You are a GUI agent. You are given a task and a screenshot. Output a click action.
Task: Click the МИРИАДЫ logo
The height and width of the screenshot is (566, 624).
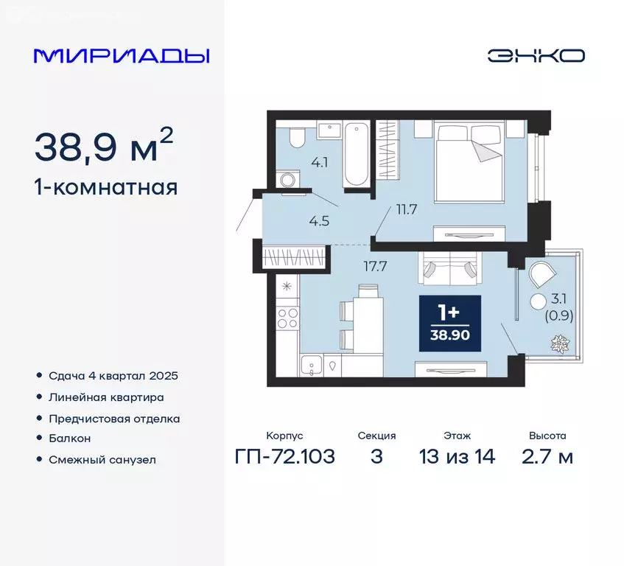point(122,56)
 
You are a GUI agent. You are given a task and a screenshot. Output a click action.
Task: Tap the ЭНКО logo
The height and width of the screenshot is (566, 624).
point(536,56)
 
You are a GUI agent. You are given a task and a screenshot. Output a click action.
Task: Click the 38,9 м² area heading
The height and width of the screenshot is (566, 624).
point(103,147)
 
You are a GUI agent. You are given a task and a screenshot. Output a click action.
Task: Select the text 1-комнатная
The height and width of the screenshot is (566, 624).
point(105,187)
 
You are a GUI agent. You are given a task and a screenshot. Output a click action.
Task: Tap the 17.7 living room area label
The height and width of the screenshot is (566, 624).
point(376,267)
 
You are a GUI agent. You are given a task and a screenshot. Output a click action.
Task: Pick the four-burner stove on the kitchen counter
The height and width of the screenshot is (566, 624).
point(287,319)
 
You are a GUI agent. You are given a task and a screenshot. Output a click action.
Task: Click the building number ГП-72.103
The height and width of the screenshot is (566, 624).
point(285,457)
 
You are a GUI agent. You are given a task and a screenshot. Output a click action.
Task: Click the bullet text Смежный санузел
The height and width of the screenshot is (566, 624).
point(103,459)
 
